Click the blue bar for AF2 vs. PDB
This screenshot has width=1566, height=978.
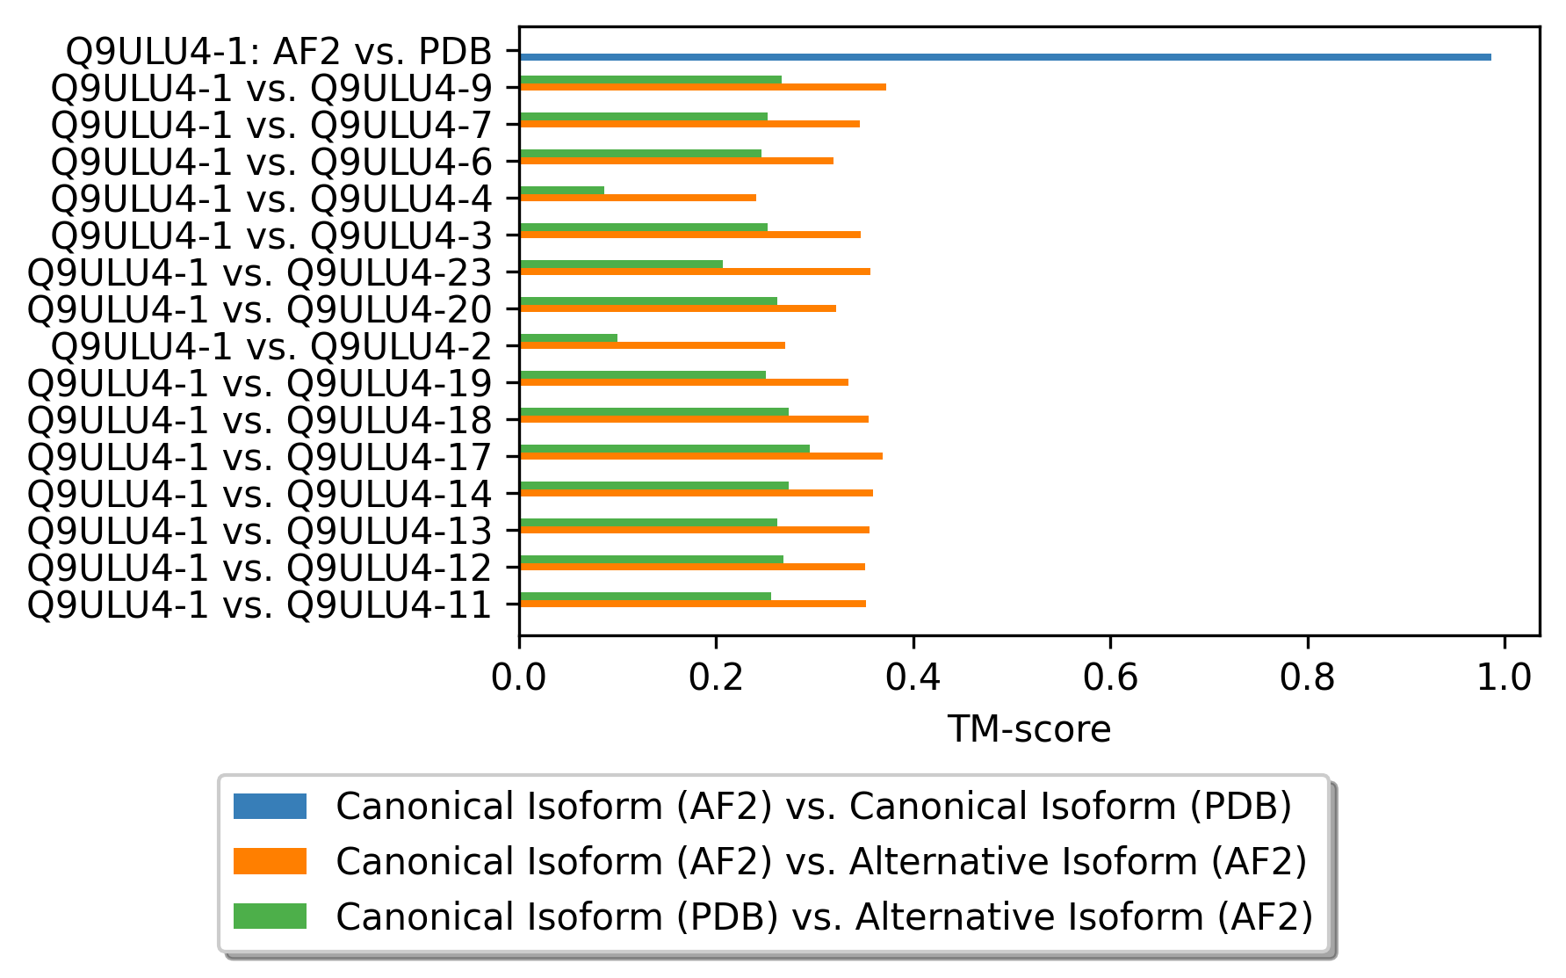click(1005, 57)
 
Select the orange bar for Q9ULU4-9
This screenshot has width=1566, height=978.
click(703, 87)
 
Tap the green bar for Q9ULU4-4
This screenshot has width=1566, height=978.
click(562, 190)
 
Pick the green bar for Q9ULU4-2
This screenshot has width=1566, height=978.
click(568, 337)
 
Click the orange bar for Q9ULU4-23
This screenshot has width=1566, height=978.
click(695, 272)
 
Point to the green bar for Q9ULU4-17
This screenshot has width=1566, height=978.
click(665, 448)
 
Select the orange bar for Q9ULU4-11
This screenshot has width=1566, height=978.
click(693, 604)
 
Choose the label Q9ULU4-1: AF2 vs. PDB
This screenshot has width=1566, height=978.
click(278, 52)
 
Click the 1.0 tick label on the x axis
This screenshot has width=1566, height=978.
click(1505, 677)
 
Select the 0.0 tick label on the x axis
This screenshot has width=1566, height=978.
click(519, 677)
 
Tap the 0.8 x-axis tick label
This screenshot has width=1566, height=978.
click(1308, 677)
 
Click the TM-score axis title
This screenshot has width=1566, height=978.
click(1028, 729)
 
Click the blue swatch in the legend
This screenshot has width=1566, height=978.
click(270, 806)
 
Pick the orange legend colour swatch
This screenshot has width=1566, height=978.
click(270, 861)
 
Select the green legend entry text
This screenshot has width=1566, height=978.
click(824, 916)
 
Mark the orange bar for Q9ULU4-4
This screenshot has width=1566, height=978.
click(638, 198)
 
